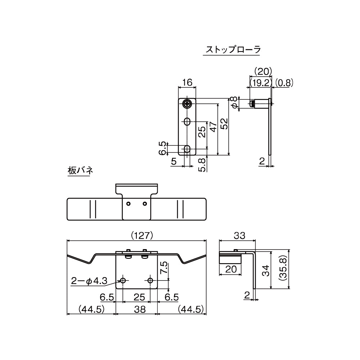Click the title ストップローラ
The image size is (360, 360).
[233, 49]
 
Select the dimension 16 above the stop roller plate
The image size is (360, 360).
[187, 82]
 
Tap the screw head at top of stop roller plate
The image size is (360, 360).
[187, 104]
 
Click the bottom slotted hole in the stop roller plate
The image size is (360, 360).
[187, 149]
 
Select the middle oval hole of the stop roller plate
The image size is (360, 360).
[187, 122]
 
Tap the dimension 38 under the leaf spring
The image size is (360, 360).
[137, 309]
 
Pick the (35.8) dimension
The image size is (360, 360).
[282, 269]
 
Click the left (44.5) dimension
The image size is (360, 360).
[90, 309]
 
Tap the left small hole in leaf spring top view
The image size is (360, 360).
[128, 204]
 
